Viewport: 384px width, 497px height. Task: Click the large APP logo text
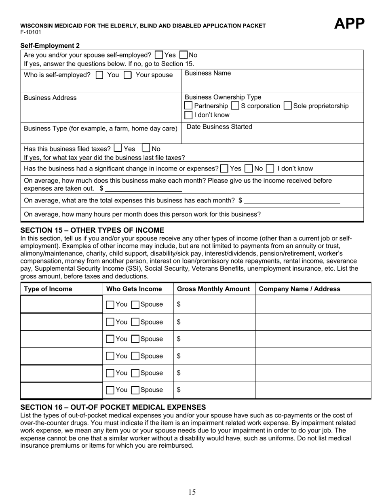pyautogui.click(x=349, y=24)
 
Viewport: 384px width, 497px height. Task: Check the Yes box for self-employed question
pyautogui.click(x=159, y=55)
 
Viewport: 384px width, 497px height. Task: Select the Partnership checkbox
pyautogui.click(x=188, y=106)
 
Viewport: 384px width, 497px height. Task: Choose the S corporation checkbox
pyautogui.click(x=235, y=106)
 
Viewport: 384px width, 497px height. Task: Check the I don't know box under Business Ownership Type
pyautogui.click(x=188, y=115)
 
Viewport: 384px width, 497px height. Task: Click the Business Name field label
pyautogui.click(x=208, y=73)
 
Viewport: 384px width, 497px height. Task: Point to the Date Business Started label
pyautogui.click(x=219, y=127)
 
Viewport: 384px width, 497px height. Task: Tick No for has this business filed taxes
pyautogui.click(x=146, y=148)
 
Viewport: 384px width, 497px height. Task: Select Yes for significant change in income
pyautogui.click(x=224, y=168)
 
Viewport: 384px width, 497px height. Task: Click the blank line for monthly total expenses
pyautogui.click(x=292, y=201)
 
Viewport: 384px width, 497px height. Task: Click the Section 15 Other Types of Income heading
pyautogui.click(x=92, y=230)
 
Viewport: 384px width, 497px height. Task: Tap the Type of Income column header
pyautogui.click(x=48, y=289)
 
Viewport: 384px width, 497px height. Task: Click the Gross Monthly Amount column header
pyautogui.click(x=213, y=289)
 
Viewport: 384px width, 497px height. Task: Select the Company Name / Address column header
pyautogui.click(x=299, y=289)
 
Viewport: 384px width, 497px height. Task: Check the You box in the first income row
pyautogui.click(x=110, y=305)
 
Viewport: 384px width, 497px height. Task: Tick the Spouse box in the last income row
pyautogui.click(x=136, y=390)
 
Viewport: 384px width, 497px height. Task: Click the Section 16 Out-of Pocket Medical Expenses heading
pyautogui.click(x=113, y=407)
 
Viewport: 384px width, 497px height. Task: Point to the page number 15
pyautogui.click(x=192, y=492)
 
